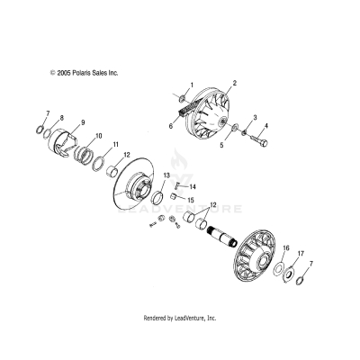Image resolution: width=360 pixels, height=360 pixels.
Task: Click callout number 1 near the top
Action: pyautogui.click(x=191, y=85)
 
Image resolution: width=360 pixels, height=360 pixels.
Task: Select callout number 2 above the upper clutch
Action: pyautogui.click(x=234, y=83)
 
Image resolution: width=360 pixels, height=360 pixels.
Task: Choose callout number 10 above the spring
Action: pyautogui.click(x=99, y=136)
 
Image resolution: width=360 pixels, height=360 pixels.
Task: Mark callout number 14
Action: pyautogui.click(x=193, y=186)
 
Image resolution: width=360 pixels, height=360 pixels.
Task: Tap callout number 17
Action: pyautogui.click(x=301, y=253)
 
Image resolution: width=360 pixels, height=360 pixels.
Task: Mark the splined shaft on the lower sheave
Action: pyautogui.click(x=224, y=238)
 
